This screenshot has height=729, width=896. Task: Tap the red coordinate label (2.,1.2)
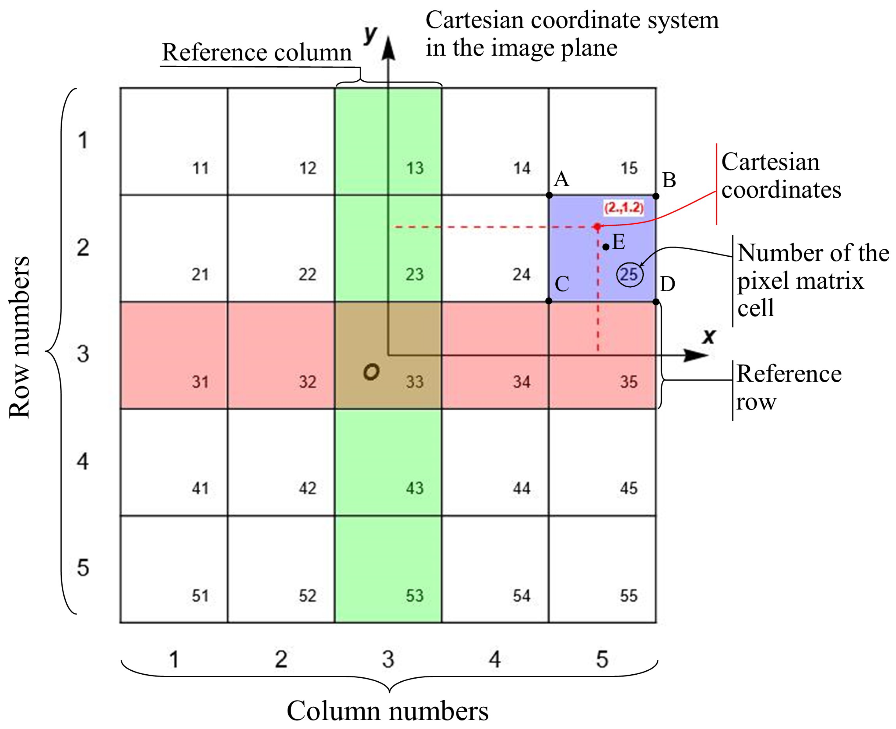pyautogui.click(x=624, y=207)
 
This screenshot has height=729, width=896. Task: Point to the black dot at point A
pyautogui.click(x=549, y=195)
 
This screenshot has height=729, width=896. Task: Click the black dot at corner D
pyautogui.click(x=656, y=302)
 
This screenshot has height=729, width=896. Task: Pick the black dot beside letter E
pyautogui.click(x=605, y=247)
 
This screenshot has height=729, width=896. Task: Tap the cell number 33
pyautogui.click(x=414, y=382)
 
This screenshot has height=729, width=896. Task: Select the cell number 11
pyautogui.click(x=201, y=168)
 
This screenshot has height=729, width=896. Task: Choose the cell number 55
pyautogui.click(x=629, y=595)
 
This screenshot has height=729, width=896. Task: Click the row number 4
pyautogui.click(x=83, y=461)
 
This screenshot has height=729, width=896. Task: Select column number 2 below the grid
pyautogui.click(x=281, y=659)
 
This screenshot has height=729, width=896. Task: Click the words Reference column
pyautogui.click(x=257, y=53)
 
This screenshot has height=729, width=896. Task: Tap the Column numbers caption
pyautogui.click(x=387, y=711)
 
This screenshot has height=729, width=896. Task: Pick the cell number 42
pyautogui.click(x=307, y=488)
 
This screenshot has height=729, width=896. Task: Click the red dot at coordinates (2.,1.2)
pyautogui.click(x=597, y=227)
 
